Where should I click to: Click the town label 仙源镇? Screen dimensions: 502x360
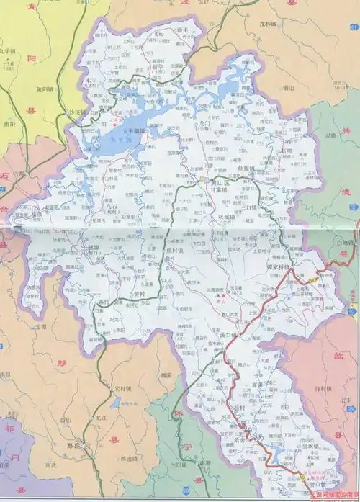coord(246,167)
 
